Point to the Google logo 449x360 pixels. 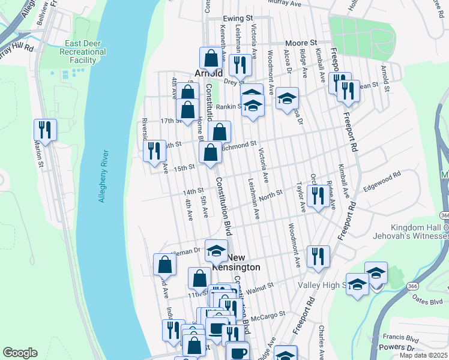pyautogui.click(x=20, y=353)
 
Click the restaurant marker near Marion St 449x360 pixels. pyautogui.click(x=45, y=130)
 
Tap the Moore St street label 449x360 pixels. pyautogui.click(x=301, y=43)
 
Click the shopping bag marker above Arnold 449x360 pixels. pyautogui.click(x=211, y=58)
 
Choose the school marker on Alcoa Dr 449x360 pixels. pyautogui.click(x=288, y=98)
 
